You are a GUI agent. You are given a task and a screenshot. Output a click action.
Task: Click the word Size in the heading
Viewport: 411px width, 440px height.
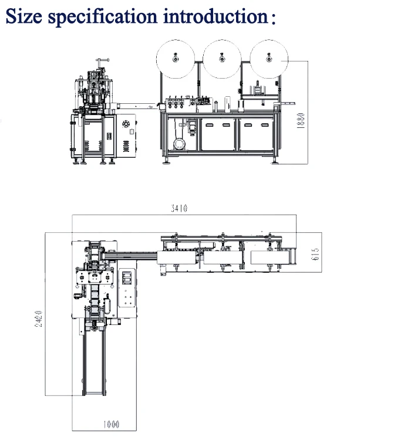pos(24,16)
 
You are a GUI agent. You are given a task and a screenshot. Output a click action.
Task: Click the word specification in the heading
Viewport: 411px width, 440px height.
pos(102,17)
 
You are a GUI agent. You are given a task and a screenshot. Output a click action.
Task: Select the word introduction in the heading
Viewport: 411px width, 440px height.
pos(215,16)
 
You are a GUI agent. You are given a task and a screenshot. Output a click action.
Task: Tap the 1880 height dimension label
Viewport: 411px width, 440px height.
pos(301,121)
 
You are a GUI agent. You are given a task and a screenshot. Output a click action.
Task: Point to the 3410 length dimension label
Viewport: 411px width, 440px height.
pos(179,208)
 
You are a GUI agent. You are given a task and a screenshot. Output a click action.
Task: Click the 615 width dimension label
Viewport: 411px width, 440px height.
pos(315,254)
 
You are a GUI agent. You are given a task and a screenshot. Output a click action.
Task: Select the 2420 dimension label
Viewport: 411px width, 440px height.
pos(39,319)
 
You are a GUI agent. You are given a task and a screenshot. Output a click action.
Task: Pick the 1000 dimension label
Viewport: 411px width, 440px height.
pos(111,424)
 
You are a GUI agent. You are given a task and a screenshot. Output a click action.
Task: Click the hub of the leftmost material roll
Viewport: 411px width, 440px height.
pos(176,59)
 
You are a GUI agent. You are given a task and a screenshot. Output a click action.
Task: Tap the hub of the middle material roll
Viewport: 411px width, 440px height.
pos(222,59)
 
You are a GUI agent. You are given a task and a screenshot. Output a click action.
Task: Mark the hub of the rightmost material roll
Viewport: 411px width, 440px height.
pos(269,59)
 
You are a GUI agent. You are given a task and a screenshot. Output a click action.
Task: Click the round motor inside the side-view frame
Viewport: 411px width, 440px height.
pos(179,144)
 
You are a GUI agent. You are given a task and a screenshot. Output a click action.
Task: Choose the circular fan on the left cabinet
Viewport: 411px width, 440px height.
pos(126,123)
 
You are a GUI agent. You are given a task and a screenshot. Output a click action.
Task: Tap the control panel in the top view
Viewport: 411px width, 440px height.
pos(127,287)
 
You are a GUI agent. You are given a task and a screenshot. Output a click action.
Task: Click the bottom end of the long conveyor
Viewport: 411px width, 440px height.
pos(95,395)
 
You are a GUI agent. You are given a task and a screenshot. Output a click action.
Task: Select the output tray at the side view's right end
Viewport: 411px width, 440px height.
pos(285,103)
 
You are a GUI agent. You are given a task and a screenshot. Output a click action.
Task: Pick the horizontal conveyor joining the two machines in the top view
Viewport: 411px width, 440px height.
pos(131,255)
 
